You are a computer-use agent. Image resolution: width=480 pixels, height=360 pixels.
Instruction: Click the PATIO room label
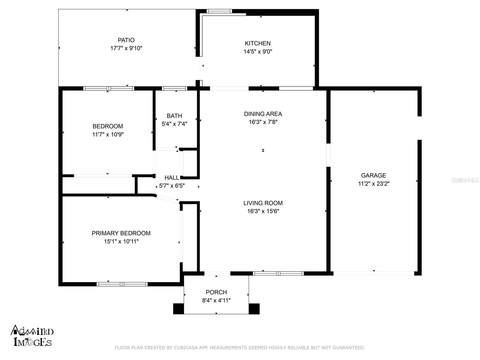126,40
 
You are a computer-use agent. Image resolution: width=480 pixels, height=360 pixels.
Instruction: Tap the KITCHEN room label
257,43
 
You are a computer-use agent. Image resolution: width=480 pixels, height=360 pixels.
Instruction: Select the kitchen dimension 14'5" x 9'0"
258,52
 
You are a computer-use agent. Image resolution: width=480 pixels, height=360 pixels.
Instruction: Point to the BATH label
174,115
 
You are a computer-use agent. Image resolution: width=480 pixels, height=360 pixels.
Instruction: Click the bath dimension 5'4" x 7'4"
174,124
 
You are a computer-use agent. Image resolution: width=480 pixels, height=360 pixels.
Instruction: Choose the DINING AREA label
263,114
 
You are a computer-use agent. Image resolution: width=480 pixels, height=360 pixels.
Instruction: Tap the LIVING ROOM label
263,203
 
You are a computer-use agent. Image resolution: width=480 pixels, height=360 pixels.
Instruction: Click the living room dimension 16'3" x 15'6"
263,211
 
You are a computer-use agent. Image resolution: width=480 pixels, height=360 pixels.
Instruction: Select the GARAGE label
373,175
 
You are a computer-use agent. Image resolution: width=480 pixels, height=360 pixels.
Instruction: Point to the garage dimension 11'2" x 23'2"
373,184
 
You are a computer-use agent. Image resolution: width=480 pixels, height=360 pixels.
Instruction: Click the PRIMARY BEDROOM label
121,233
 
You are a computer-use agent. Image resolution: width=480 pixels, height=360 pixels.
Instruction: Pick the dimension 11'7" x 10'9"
108,134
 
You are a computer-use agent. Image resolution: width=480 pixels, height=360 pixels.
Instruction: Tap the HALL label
172,178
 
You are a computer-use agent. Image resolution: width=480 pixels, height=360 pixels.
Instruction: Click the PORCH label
216,292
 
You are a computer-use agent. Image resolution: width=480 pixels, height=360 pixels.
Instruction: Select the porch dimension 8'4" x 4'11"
216,301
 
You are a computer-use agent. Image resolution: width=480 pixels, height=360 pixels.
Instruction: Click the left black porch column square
178,309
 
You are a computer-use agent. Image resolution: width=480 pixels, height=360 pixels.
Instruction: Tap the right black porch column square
254,309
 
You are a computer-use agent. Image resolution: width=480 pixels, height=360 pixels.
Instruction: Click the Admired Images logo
32,335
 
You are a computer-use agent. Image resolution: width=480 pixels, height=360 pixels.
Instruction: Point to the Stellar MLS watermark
465,180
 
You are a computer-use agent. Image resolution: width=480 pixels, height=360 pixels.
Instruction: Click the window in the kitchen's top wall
219,11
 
